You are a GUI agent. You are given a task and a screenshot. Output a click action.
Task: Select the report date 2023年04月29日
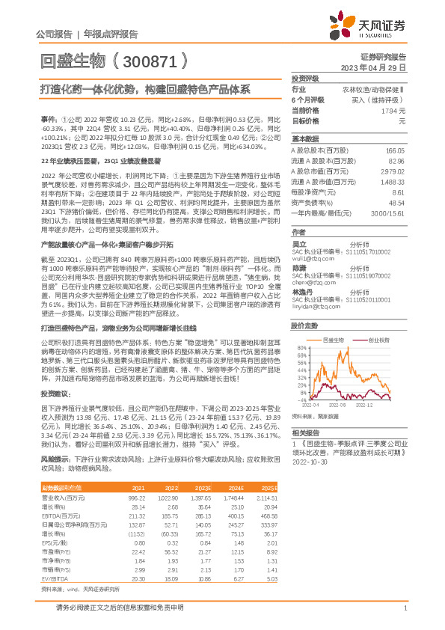(372, 67)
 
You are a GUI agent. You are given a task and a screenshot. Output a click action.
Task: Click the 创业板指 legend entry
(378, 317)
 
